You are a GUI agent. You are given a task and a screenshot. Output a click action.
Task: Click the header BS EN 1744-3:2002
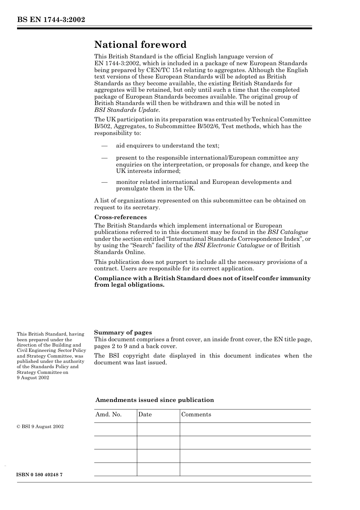pyautogui.click(x=51, y=20)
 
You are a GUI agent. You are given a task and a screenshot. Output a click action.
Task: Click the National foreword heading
pyautogui.click(x=140, y=45)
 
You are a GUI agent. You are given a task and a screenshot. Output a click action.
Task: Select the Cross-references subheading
pyautogui.click(x=120, y=217)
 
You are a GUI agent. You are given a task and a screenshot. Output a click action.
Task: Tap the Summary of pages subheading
pyautogui.click(x=123, y=333)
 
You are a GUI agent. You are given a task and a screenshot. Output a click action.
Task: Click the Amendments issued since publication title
pyautogui.click(x=154, y=400)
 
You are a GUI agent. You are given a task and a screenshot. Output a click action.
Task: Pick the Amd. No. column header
pyautogui.click(x=108, y=414)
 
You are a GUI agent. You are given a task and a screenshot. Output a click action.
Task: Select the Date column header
pyautogui.click(x=145, y=414)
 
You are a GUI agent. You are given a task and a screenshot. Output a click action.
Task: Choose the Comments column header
pyautogui.click(x=196, y=414)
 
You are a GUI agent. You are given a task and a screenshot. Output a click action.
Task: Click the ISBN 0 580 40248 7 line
pyautogui.click(x=39, y=475)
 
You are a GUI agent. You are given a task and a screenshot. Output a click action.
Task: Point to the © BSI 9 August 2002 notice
pyautogui.click(x=40, y=427)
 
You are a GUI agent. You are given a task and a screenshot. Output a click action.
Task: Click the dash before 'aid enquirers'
pyautogui.click(x=104, y=146)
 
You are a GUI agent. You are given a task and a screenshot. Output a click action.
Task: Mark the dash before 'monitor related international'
pyautogui.click(x=104, y=182)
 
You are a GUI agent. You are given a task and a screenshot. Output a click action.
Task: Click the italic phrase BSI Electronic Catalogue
pyautogui.click(x=229, y=245)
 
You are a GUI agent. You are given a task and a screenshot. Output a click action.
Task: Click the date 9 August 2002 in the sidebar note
pyautogui.click(x=33, y=378)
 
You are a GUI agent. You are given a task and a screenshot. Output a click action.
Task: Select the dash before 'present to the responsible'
pyautogui.click(x=104, y=158)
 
